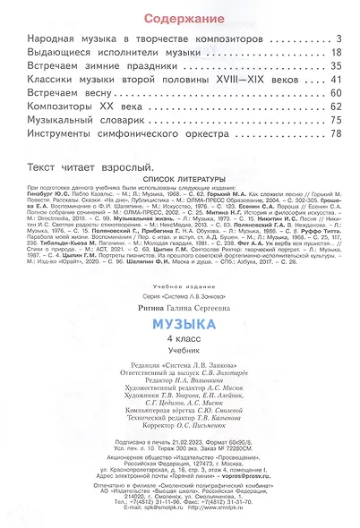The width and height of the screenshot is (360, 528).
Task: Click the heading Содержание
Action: coord(179,19)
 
